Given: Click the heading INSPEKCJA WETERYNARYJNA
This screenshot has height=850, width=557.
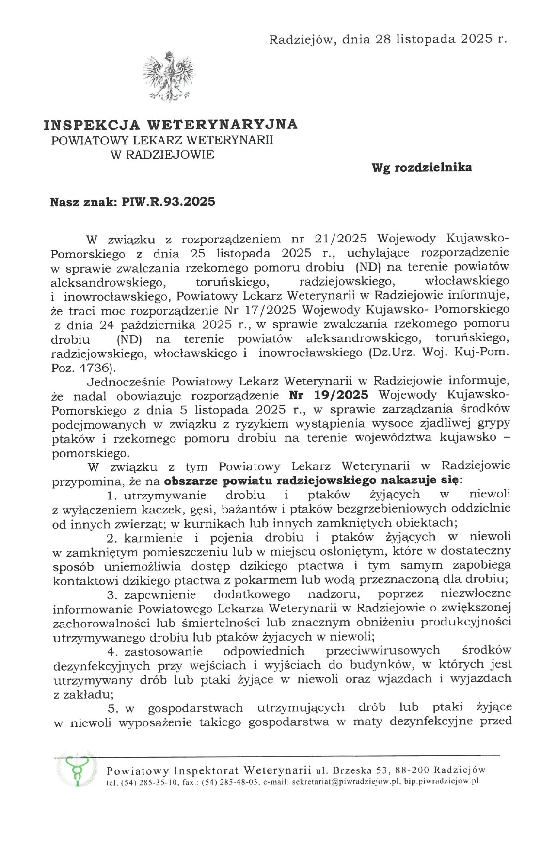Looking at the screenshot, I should point(171,125).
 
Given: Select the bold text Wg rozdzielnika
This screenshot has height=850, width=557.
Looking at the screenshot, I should point(421,168).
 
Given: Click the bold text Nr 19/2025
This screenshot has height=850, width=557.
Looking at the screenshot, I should point(328,395).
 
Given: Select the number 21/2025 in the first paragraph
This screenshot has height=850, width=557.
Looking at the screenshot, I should point(341,239).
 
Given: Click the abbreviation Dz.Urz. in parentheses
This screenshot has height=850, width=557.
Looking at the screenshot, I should point(392,353).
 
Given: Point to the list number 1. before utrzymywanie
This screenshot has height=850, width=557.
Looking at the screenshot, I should point(112,496).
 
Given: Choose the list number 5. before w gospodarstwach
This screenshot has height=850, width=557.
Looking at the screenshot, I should point(113,708).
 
